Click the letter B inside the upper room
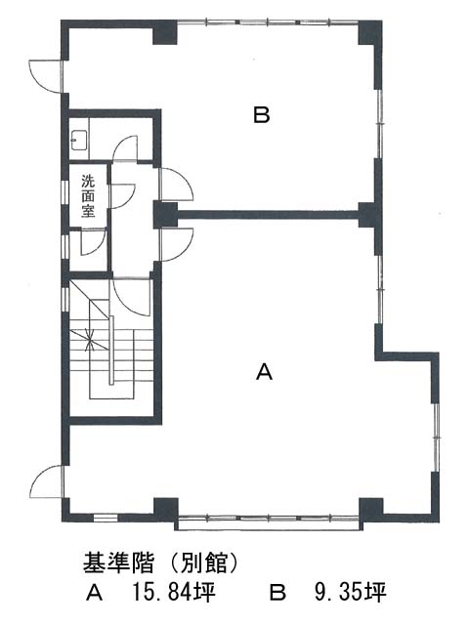(262, 115)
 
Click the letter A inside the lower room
(264, 372)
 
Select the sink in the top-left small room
(79, 140)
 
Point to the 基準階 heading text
(118, 563)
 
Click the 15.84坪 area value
(174, 593)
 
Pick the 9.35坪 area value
(351, 593)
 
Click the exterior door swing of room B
(46, 76)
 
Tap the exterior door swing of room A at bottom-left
(47, 481)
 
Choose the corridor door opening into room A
(176, 244)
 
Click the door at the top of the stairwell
(132, 297)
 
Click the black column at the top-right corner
(370, 32)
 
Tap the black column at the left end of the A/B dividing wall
(166, 215)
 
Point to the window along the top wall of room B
(268, 22)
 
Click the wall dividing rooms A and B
(268, 215)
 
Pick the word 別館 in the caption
(205, 563)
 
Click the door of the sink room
(125, 148)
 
